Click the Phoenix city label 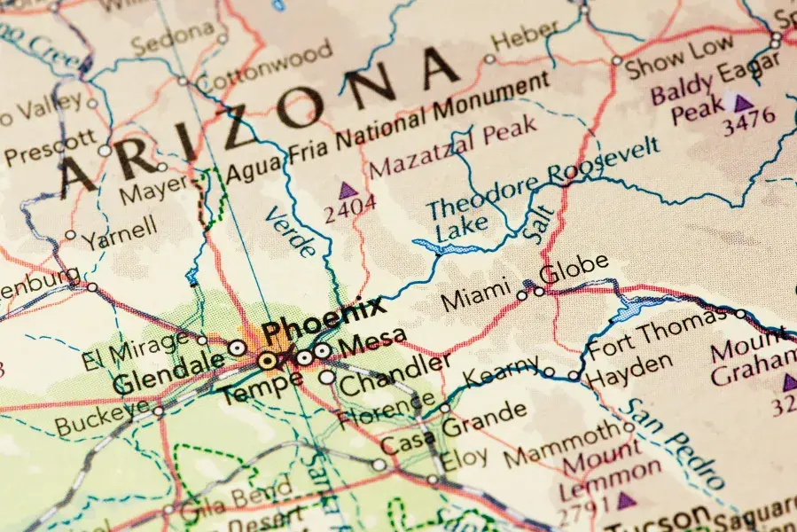point(324,319)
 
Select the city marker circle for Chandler point(327,377)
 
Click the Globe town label point(574,269)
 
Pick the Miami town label point(476,293)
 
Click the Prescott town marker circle point(105,151)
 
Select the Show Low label point(680,57)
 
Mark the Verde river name point(290,231)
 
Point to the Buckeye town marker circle point(158,411)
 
